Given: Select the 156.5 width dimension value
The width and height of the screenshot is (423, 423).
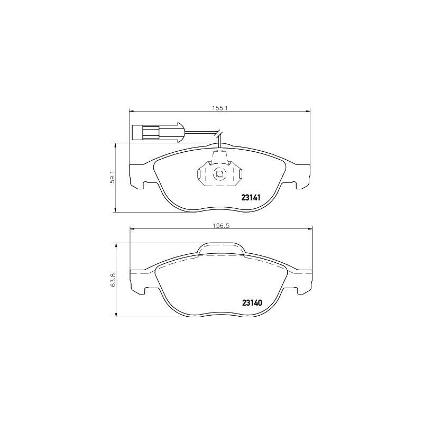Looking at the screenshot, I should [x=220, y=225].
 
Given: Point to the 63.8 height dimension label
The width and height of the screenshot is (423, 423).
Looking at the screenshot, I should [x=112, y=280].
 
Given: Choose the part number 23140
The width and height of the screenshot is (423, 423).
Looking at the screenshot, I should [x=252, y=303].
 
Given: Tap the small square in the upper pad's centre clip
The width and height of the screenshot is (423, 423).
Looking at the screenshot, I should [x=219, y=173].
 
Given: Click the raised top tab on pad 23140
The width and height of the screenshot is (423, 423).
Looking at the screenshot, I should [x=221, y=249].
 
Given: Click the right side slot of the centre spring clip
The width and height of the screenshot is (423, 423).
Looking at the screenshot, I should [x=238, y=175].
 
